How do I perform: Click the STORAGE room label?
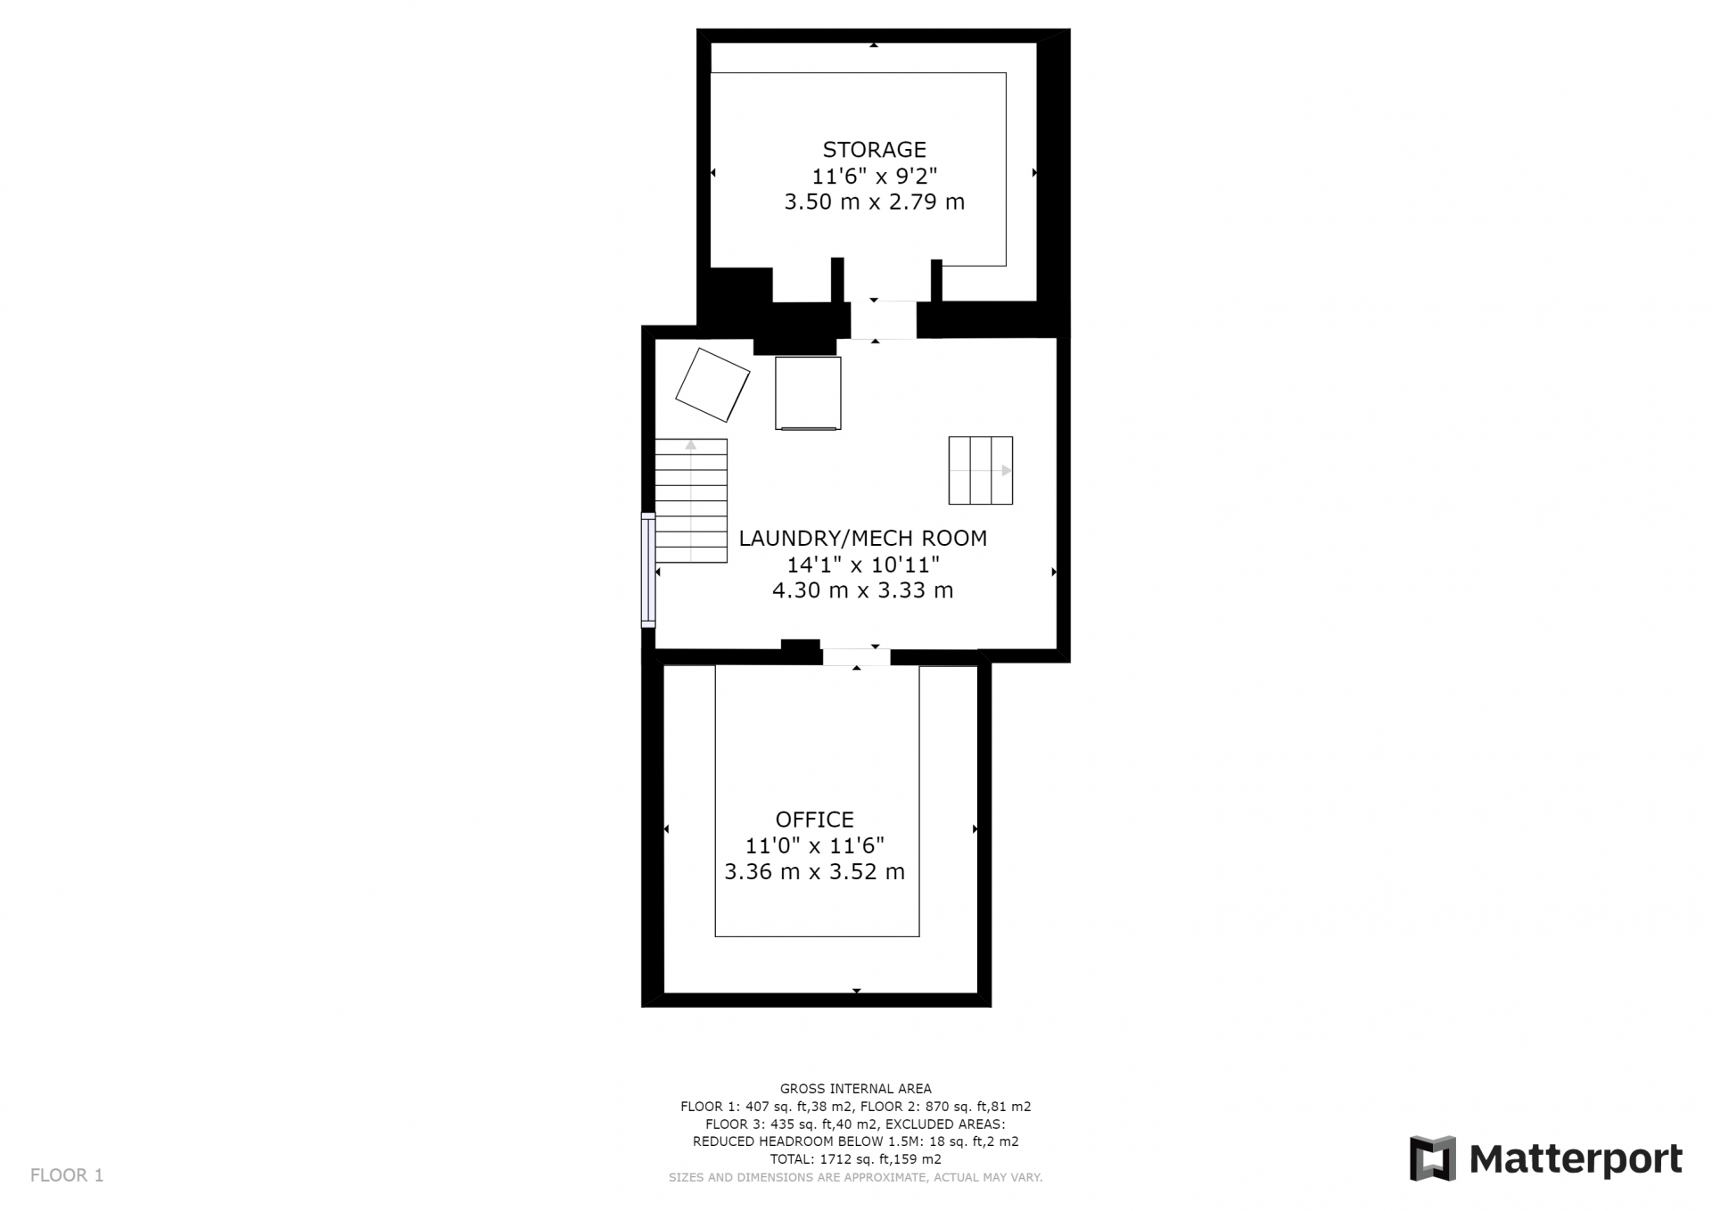[x=874, y=150]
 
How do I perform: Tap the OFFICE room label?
[x=814, y=820]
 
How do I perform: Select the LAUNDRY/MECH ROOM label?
[x=862, y=539]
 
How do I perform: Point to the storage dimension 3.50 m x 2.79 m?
[x=874, y=202]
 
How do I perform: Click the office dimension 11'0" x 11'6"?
[x=814, y=845]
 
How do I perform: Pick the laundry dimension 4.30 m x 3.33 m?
[x=862, y=590]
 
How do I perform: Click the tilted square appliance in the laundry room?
[x=712, y=385]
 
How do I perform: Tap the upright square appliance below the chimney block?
[x=808, y=393]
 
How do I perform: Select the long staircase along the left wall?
[x=691, y=500]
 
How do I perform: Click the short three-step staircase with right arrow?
[x=980, y=470]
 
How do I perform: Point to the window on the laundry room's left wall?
[x=648, y=570]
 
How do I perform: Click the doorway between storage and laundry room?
[x=883, y=320]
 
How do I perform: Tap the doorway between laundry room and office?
[x=856, y=657]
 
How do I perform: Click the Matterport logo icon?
[x=1432, y=1158]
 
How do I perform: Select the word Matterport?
[x=1576, y=1160]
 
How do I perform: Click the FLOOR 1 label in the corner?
[x=67, y=1175]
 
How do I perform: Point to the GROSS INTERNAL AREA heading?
[x=855, y=1089]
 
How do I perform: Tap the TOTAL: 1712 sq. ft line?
[x=855, y=1159]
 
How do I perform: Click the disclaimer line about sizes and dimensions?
[x=855, y=1178]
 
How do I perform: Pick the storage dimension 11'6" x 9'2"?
[x=874, y=177]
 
